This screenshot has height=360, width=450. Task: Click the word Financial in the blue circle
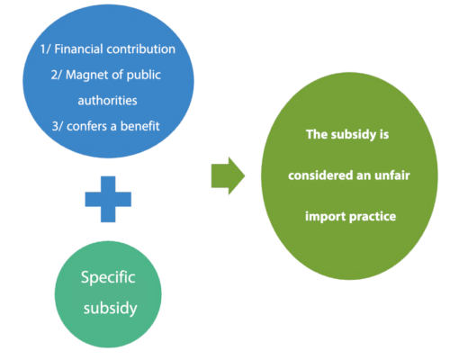(78, 49)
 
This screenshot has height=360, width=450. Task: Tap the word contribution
(141, 49)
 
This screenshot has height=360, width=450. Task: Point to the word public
(144, 76)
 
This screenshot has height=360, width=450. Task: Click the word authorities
(107, 101)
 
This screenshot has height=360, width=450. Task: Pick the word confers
(87, 126)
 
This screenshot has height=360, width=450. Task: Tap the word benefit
(140, 126)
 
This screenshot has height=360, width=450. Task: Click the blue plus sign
(108, 199)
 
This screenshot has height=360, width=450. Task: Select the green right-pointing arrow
(228, 175)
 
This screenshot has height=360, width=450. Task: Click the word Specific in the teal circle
(108, 277)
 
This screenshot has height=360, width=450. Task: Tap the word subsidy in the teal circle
(111, 309)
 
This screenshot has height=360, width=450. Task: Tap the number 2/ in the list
(56, 76)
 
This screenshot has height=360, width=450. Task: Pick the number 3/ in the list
(58, 126)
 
